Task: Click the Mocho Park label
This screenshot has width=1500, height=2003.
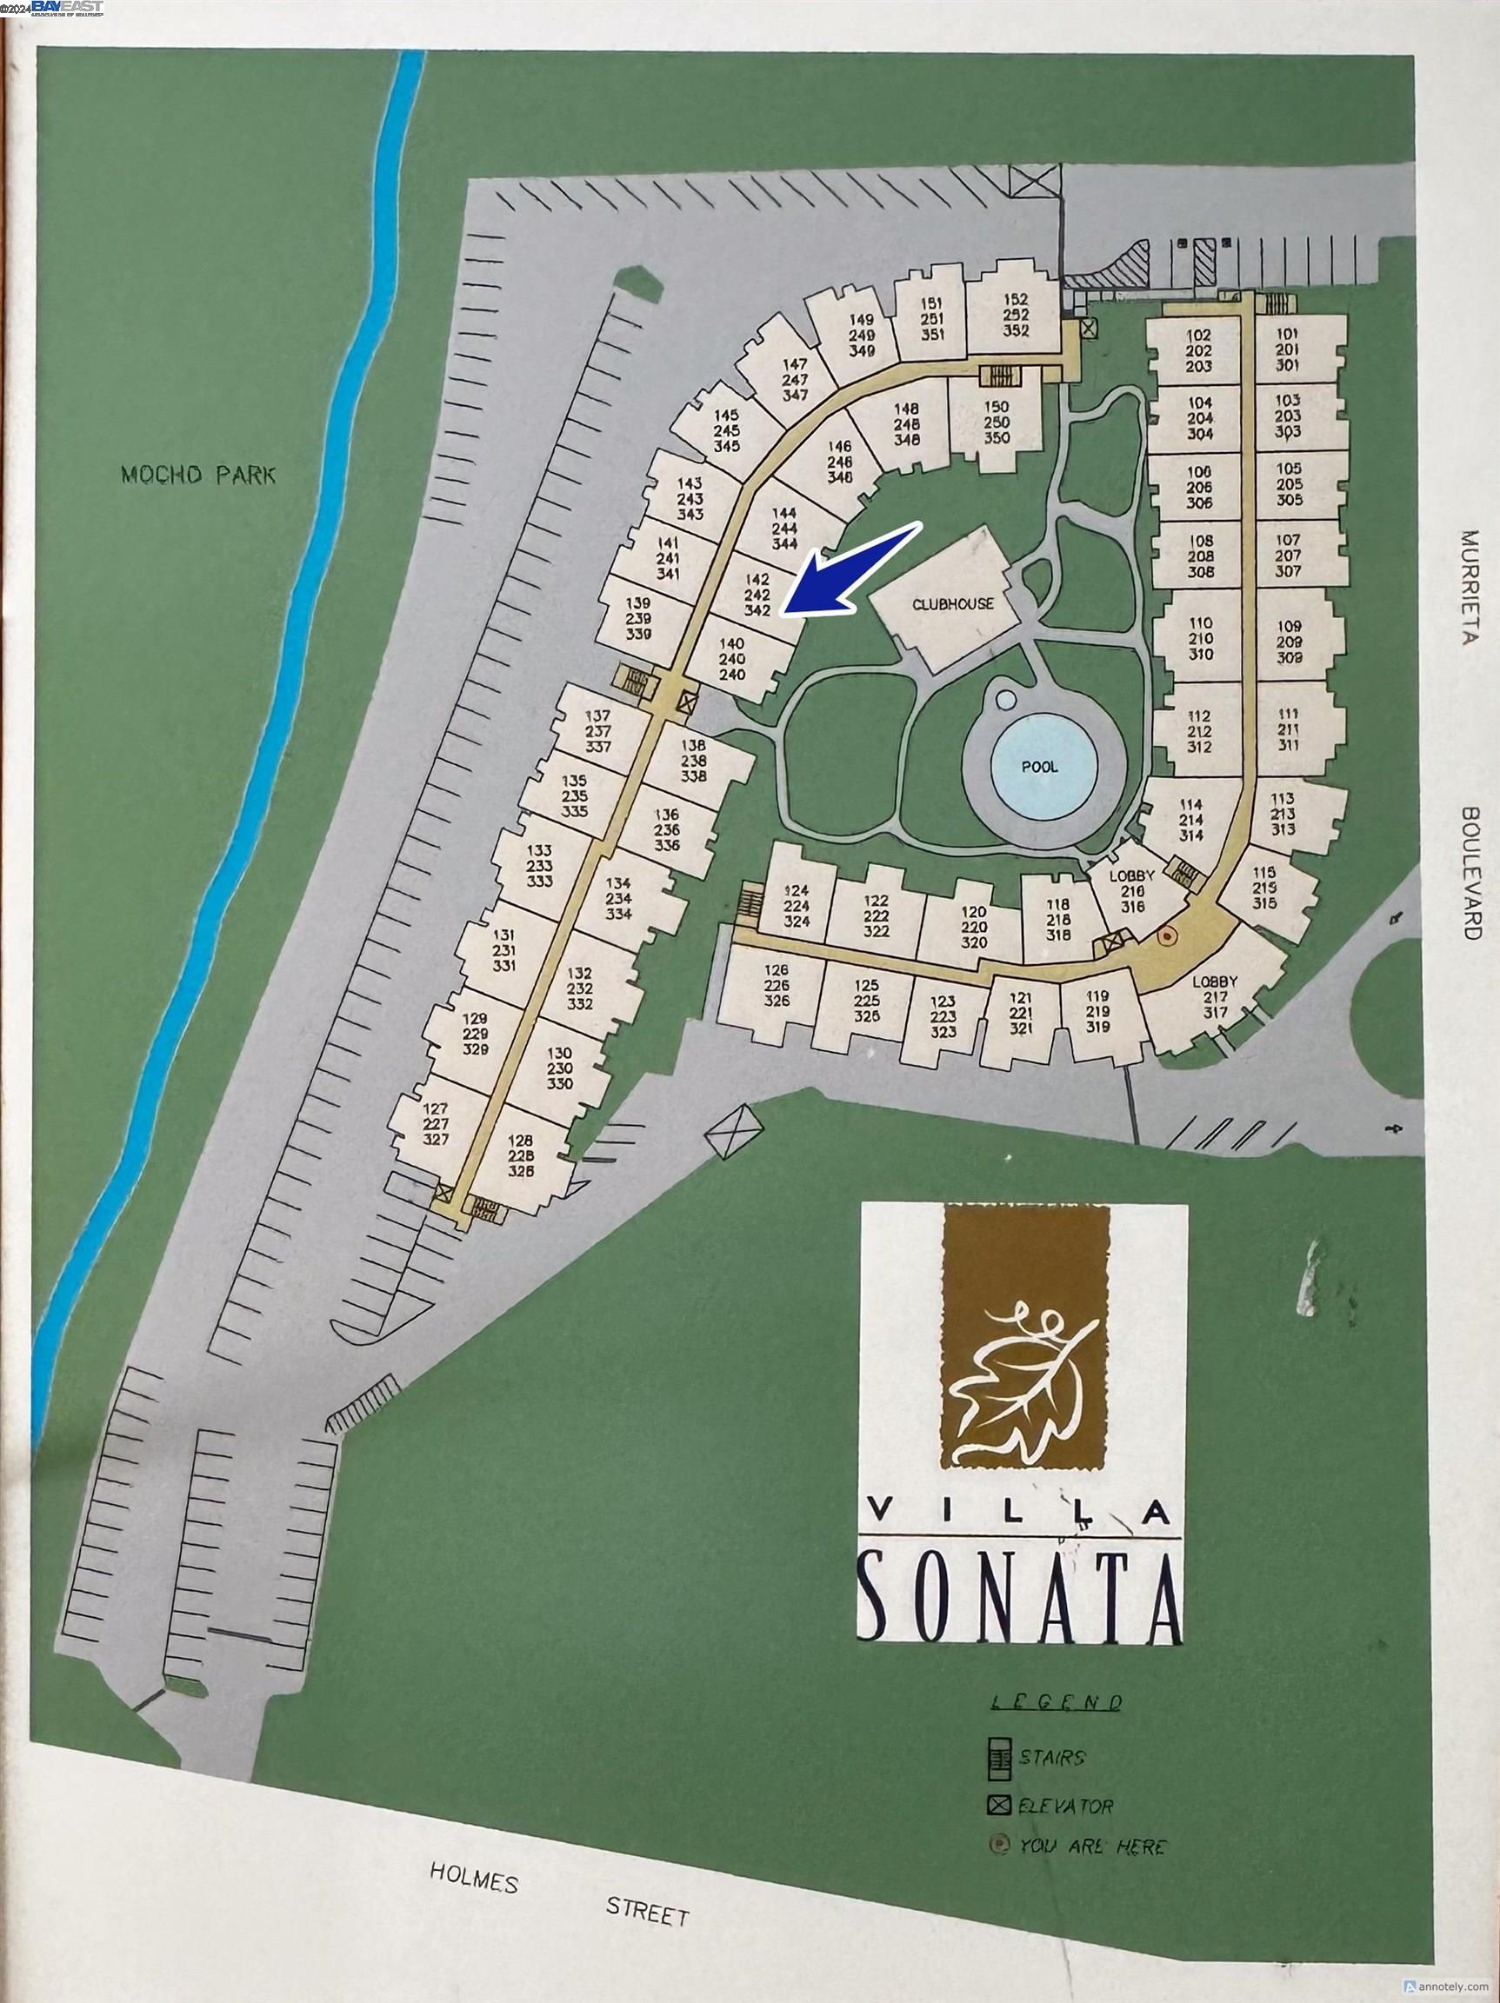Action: [x=198, y=475]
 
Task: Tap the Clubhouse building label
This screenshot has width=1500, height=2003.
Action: [x=953, y=604]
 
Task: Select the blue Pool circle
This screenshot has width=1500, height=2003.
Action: [x=1040, y=766]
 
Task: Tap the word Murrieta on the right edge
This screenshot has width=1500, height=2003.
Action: [x=1469, y=586]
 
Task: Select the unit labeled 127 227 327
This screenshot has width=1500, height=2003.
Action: [x=436, y=1124]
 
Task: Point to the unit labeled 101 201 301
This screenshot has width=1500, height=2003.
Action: [x=1287, y=349]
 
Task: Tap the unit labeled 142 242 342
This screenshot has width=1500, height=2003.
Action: [x=757, y=595]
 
